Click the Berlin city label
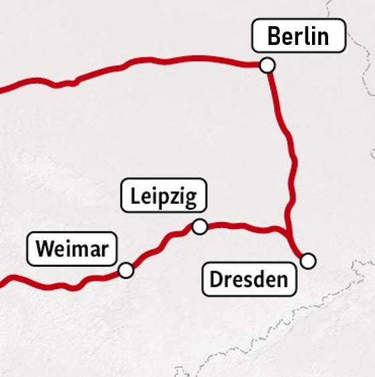pyautogui.click(x=299, y=36)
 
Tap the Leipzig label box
pyautogui.click(x=164, y=197)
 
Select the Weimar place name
pyautogui.click(x=72, y=249)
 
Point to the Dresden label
pyautogui.click(x=249, y=279)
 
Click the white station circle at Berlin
pyautogui.click(x=267, y=65)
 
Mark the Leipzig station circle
pyautogui.click(x=200, y=227)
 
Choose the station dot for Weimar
pyautogui.click(x=125, y=270)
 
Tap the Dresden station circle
pyautogui.click(x=307, y=260)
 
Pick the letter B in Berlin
pyautogui.click(x=273, y=36)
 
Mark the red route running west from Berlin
pyautogui.click(x=167, y=60)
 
